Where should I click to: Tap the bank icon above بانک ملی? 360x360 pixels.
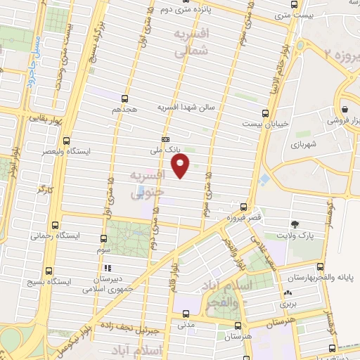tap(166, 139)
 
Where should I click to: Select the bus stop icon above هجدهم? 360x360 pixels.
tap(125, 99)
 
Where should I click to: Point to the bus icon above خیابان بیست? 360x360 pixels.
tap(265, 112)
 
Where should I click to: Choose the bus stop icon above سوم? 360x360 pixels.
tap(104, 238)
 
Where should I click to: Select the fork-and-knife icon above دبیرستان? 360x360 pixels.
tap(108, 268)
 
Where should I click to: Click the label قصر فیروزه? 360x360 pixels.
tap(243, 218)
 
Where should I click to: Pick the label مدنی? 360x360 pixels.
tap(186, 324)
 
